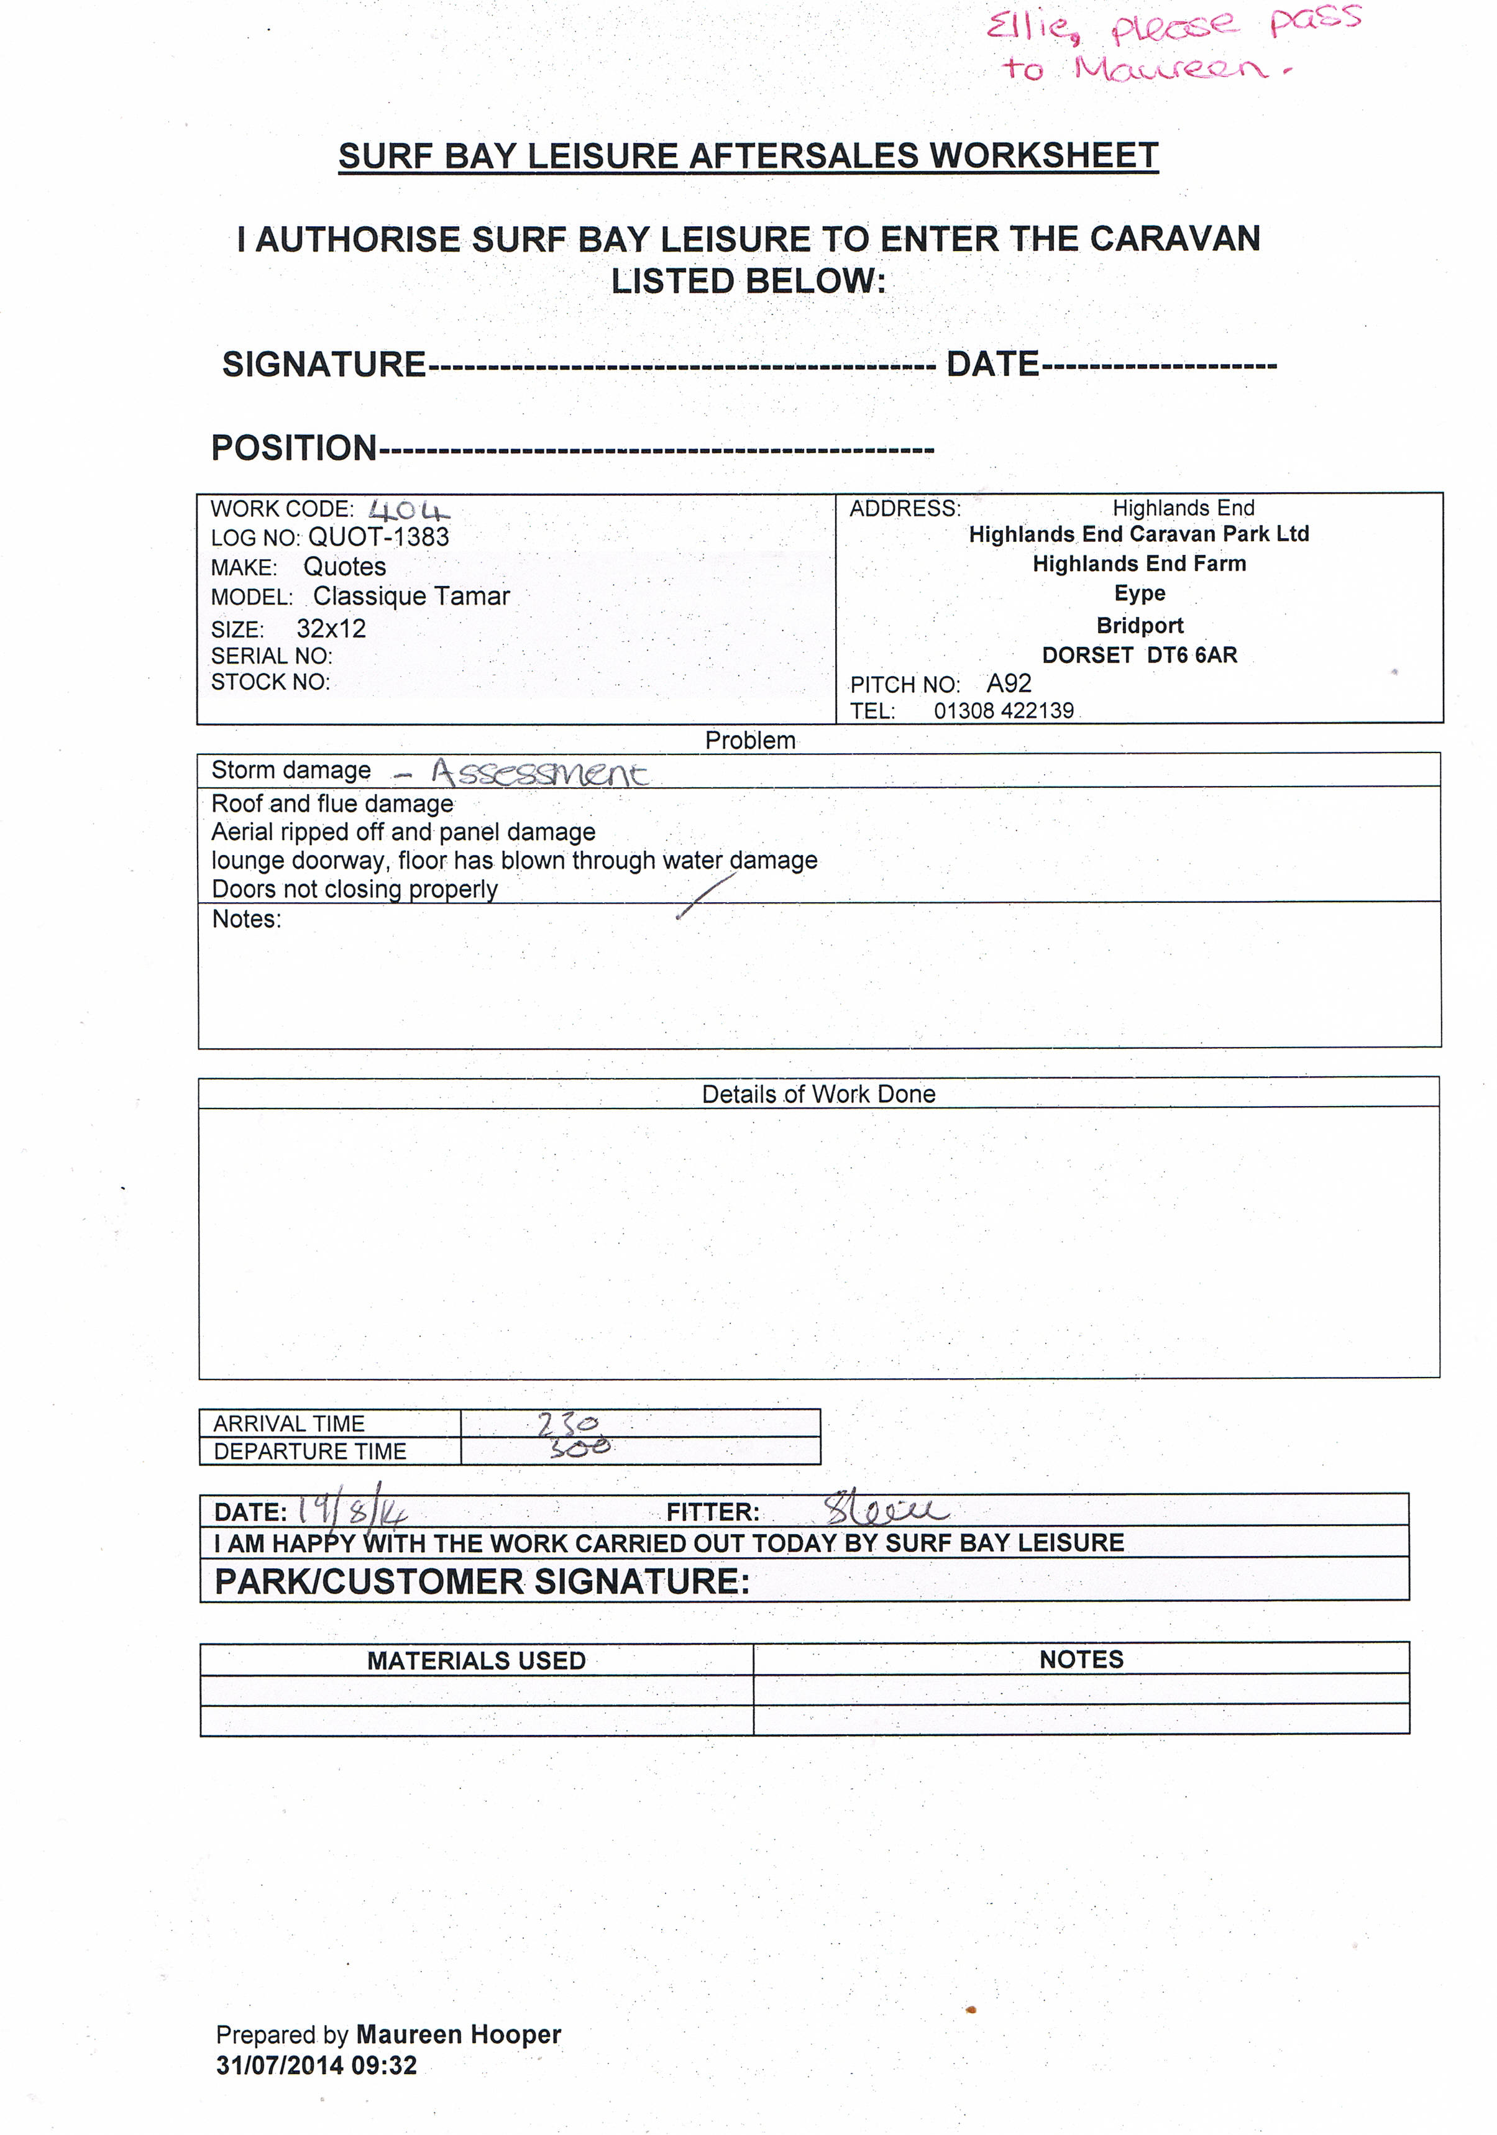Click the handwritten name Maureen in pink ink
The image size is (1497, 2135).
pos(1169,69)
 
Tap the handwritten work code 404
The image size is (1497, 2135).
pos(408,511)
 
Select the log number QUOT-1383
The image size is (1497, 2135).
pos(378,537)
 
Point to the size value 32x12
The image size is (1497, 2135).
pos(331,629)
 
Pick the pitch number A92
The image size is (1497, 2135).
pos(1009,683)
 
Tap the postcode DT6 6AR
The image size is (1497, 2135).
pos(1191,655)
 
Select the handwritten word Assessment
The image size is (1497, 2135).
pos(539,773)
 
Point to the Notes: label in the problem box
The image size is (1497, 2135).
pos(247,919)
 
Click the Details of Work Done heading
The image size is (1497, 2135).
pos(818,1094)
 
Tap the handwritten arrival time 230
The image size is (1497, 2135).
pos(568,1424)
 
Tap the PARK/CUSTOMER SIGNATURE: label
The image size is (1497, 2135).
pos(482,1582)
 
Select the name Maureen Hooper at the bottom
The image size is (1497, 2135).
pos(459,2034)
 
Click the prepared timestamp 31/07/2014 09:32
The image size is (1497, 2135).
pos(316,2065)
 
